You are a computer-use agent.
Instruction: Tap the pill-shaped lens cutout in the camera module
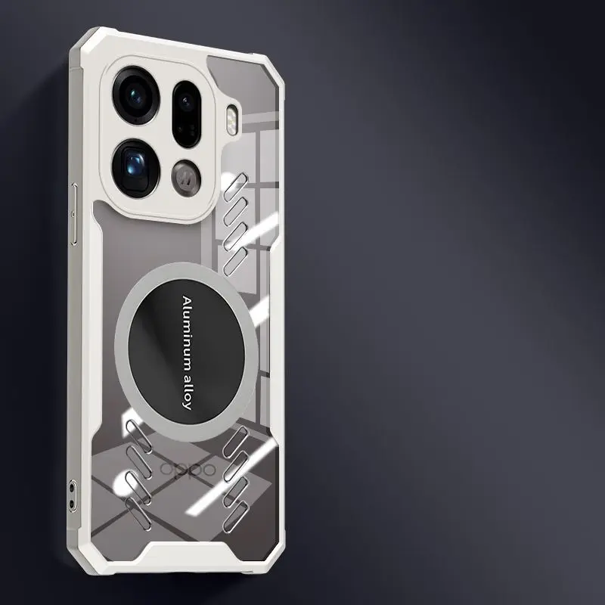click(186, 113)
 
